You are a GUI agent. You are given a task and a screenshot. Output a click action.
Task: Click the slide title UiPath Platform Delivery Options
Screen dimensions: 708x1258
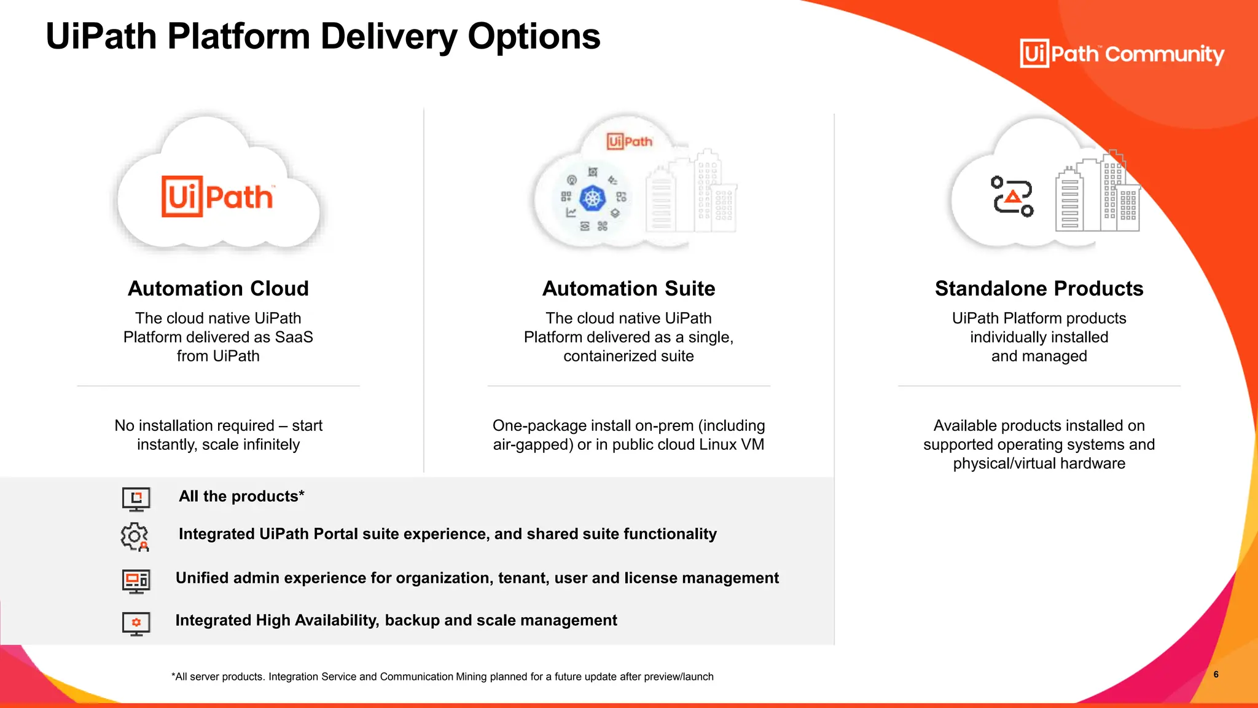coord(322,37)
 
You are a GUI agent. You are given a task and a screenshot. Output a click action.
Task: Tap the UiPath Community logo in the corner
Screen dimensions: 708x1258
coord(1121,54)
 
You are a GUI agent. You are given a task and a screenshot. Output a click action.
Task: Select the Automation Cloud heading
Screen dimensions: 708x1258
coord(218,289)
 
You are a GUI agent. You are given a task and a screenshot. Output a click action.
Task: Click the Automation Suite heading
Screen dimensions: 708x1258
coord(628,289)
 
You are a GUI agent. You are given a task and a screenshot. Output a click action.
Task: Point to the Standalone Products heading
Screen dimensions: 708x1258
coord(1039,289)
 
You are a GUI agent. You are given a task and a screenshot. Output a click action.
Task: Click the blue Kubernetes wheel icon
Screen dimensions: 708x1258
coord(593,198)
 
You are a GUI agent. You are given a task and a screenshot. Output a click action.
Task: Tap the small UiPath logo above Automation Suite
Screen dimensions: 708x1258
coord(629,141)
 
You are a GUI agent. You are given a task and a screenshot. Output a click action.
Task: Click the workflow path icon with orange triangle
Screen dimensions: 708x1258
coord(1012,197)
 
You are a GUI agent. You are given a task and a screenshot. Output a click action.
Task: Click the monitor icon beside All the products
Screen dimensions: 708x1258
coord(136,498)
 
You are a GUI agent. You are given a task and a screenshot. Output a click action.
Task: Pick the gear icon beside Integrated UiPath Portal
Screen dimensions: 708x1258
coord(135,537)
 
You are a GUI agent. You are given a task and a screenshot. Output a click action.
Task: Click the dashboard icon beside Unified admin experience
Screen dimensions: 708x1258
coord(136,580)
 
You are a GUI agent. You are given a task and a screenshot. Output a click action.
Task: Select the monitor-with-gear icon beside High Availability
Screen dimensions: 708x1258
coord(136,623)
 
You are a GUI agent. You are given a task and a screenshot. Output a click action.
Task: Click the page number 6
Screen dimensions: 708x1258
coord(1216,675)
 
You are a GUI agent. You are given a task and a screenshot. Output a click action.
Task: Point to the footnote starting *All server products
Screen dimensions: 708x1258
coord(442,677)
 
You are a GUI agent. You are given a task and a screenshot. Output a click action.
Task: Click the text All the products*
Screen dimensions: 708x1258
coord(241,497)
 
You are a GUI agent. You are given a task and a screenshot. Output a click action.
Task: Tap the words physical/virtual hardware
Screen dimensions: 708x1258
coord(1039,464)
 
